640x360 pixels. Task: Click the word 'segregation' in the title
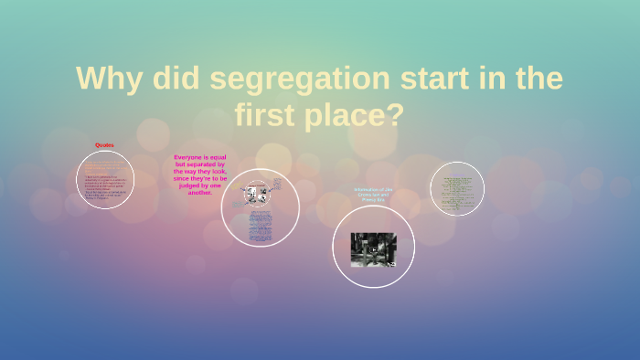293,79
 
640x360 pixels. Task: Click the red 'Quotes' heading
104,145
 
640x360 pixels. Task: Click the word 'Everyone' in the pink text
187,157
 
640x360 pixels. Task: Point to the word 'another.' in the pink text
200,193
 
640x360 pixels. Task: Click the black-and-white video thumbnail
373,249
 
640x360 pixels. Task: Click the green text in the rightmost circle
456,188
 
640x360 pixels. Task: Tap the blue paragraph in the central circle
260,225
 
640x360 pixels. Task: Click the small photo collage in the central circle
255,194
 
